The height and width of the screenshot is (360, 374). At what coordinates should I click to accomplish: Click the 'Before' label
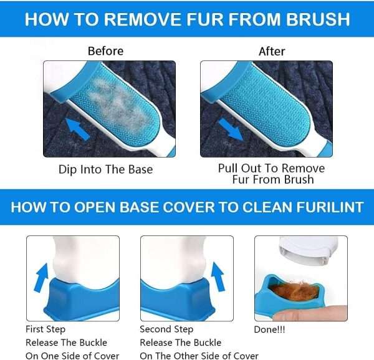[105, 51]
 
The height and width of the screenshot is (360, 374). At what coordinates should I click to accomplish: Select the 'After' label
[271, 51]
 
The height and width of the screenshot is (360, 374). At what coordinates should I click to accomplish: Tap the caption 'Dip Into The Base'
[105, 169]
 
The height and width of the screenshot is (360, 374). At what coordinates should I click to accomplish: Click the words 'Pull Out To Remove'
[271, 168]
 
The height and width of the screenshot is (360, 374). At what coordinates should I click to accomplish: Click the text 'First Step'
[46, 329]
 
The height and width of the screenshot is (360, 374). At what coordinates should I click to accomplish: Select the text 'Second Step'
[166, 329]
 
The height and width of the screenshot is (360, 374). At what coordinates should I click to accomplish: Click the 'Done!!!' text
[271, 329]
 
